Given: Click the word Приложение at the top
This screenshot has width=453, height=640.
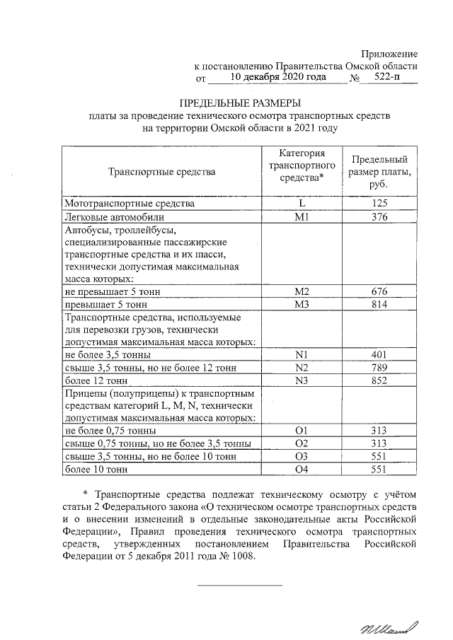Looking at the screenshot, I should click(389, 54).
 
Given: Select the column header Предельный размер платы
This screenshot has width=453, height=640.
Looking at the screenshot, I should click(379, 172).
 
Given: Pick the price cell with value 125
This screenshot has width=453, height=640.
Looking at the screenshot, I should click(379, 204).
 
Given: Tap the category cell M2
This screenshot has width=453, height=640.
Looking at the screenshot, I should click(302, 291).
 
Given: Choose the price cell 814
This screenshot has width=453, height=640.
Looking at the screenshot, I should click(379, 304).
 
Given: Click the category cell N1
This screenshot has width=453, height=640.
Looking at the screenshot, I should click(302, 355).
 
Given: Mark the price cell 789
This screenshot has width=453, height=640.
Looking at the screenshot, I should click(379, 368).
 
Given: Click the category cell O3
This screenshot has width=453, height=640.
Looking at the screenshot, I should click(302, 456).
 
